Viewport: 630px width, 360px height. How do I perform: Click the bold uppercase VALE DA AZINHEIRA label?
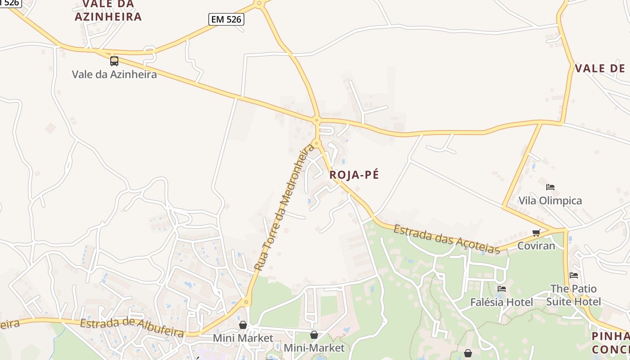coord(108,10)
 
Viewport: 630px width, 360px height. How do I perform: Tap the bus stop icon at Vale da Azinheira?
coord(114,61)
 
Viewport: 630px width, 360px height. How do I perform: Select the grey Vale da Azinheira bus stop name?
coord(114,74)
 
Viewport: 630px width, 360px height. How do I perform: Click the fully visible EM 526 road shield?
coord(226,19)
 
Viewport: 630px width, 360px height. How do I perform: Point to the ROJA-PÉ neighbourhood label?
coord(354,175)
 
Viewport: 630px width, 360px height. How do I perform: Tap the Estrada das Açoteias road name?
coord(446,239)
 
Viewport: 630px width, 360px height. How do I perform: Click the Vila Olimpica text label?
coord(550,201)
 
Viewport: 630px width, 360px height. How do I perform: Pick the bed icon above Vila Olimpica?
coord(550,187)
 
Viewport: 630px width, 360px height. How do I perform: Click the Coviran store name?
coord(536,246)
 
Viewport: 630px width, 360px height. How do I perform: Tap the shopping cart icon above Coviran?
coord(536,233)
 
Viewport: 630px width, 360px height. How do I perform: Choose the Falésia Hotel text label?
coord(501,302)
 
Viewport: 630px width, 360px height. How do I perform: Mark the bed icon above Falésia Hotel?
coord(502,288)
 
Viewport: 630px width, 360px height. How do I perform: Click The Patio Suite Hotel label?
coord(573,295)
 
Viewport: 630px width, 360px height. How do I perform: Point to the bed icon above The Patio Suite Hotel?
coord(573,275)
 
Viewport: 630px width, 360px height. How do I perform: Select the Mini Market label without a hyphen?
coord(243,338)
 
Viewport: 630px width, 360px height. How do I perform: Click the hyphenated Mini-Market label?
coord(314,348)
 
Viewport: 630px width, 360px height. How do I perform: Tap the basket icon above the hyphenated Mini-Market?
coord(314,335)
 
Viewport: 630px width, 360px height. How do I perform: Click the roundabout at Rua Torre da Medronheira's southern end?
coord(246,302)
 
